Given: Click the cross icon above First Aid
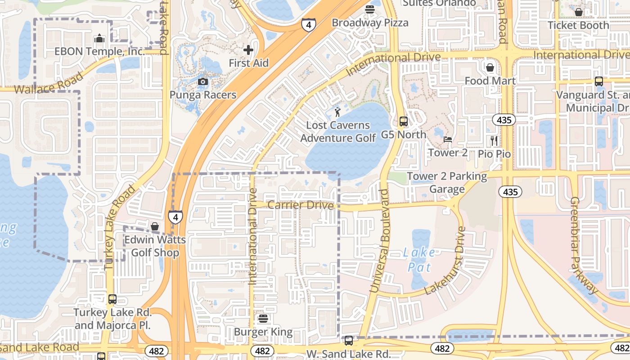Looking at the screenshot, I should pyautogui.click(x=248, y=50).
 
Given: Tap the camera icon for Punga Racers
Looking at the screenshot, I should pyautogui.click(x=203, y=81).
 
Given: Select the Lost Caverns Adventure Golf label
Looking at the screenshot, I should pyautogui.click(x=338, y=131).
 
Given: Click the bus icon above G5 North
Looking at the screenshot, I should pyautogui.click(x=404, y=121).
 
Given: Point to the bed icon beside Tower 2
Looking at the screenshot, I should pyautogui.click(x=448, y=139).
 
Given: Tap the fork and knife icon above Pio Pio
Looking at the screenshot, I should pyautogui.click(x=494, y=140).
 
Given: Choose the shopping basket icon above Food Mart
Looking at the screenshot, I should pyautogui.click(x=490, y=67).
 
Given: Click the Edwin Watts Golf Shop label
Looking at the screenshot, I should pyautogui.click(x=155, y=246).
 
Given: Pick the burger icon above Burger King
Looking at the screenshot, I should pyautogui.click(x=263, y=319).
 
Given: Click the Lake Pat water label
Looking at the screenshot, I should pyautogui.click(x=419, y=260).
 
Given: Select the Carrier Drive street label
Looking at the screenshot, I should pyautogui.click(x=301, y=205).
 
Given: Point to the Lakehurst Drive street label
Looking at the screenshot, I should pyautogui.click(x=445, y=261).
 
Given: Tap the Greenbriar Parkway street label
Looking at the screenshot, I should pyautogui.click(x=585, y=245).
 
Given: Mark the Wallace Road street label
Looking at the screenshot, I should pyautogui.click(x=49, y=84).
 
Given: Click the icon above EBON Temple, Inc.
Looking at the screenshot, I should pyautogui.click(x=99, y=39).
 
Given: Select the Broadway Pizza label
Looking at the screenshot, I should pyautogui.click(x=370, y=22).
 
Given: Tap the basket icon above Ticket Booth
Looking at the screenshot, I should pyautogui.click(x=579, y=12).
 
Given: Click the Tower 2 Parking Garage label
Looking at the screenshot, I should pyautogui.click(x=447, y=183).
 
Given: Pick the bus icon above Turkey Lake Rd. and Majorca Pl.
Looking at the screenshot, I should pyautogui.click(x=112, y=299).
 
